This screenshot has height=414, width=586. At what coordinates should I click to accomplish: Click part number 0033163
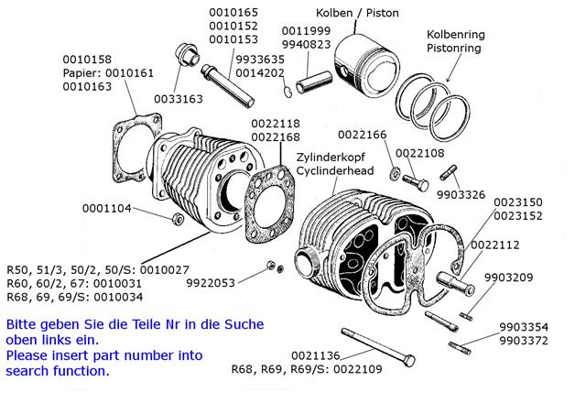179,99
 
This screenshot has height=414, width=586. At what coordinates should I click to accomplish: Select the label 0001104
107,208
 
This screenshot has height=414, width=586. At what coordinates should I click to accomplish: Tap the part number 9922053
211,283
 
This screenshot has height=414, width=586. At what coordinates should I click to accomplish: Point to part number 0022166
363,135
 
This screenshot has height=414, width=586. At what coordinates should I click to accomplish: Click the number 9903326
461,195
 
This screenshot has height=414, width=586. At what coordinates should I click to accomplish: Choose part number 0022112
495,245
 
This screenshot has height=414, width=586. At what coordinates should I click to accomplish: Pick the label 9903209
509,278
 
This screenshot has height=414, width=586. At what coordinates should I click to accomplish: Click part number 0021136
316,355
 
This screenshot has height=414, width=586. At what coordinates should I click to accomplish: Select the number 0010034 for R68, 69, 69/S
118,298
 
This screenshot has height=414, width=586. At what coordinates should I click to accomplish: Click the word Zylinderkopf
331,158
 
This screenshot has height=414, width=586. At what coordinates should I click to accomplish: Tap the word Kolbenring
456,35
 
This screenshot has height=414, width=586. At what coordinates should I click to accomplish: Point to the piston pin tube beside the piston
314,82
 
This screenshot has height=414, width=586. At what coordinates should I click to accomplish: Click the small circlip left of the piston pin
288,92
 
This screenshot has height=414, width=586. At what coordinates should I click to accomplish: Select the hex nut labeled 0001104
177,218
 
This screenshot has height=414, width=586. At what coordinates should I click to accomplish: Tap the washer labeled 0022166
395,173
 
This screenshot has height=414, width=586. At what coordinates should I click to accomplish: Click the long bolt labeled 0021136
378,347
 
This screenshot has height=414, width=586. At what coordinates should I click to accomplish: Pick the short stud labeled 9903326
448,172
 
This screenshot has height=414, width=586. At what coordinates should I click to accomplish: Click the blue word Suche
244,324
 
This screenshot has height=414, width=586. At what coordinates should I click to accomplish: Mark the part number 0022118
276,124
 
